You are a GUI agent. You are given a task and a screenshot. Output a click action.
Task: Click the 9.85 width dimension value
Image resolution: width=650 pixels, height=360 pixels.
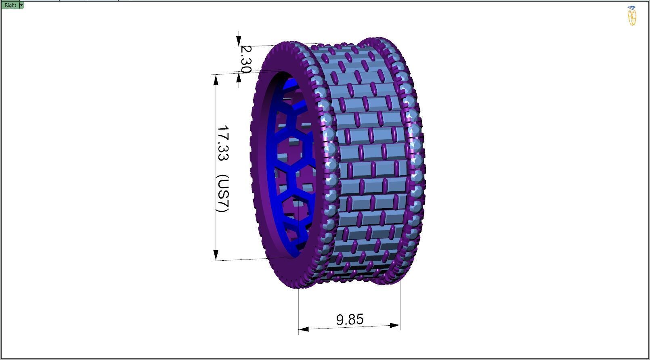pos(350,319)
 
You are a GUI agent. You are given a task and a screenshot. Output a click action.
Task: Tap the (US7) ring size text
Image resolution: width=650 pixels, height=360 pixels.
pos(222,193)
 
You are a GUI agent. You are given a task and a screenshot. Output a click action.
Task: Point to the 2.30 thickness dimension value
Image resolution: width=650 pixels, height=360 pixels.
pos(245,59)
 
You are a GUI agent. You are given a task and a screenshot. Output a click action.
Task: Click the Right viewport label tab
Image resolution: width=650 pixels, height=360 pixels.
pos(10,5)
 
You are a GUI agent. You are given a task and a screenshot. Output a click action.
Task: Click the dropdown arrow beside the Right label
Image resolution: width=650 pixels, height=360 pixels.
pos(21,5)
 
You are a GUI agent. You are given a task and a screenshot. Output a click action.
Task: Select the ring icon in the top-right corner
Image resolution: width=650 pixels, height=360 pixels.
pos(632,16)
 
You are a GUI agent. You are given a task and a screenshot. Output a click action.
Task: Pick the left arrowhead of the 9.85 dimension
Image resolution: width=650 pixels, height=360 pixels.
pos(304,329)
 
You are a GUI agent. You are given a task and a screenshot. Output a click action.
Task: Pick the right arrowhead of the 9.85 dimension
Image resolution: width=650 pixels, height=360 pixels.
pos(395,325)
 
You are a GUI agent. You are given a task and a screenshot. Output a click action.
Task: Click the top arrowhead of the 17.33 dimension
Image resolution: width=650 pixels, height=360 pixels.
pos(216,80)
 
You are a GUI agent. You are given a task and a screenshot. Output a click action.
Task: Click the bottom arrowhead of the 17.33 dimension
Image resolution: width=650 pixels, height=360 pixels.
pos(216,255)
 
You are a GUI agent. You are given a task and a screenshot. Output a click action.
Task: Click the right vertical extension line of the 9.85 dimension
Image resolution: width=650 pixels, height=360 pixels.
pos(400,303)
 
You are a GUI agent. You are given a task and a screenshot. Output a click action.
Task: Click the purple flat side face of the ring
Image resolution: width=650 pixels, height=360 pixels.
pos(258,161)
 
